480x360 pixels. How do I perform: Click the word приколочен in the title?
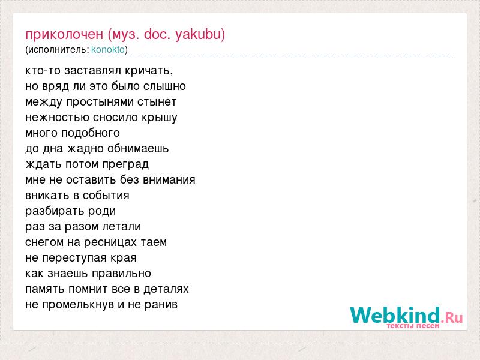(64, 35)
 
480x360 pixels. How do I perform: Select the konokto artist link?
(108, 49)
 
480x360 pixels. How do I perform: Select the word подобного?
(91, 133)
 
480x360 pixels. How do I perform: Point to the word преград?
(125, 164)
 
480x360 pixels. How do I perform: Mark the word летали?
(122, 227)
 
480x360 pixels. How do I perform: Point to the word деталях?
(166, 289)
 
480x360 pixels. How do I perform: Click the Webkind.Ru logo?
(406, 316)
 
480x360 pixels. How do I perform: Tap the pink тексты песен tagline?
(413, 326)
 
